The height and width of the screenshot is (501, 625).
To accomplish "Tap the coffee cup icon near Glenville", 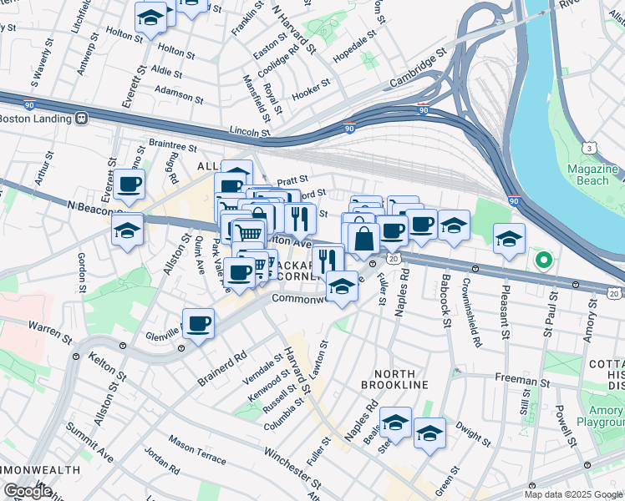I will (198, 323).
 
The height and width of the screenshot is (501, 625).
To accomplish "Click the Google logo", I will (28, 490).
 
